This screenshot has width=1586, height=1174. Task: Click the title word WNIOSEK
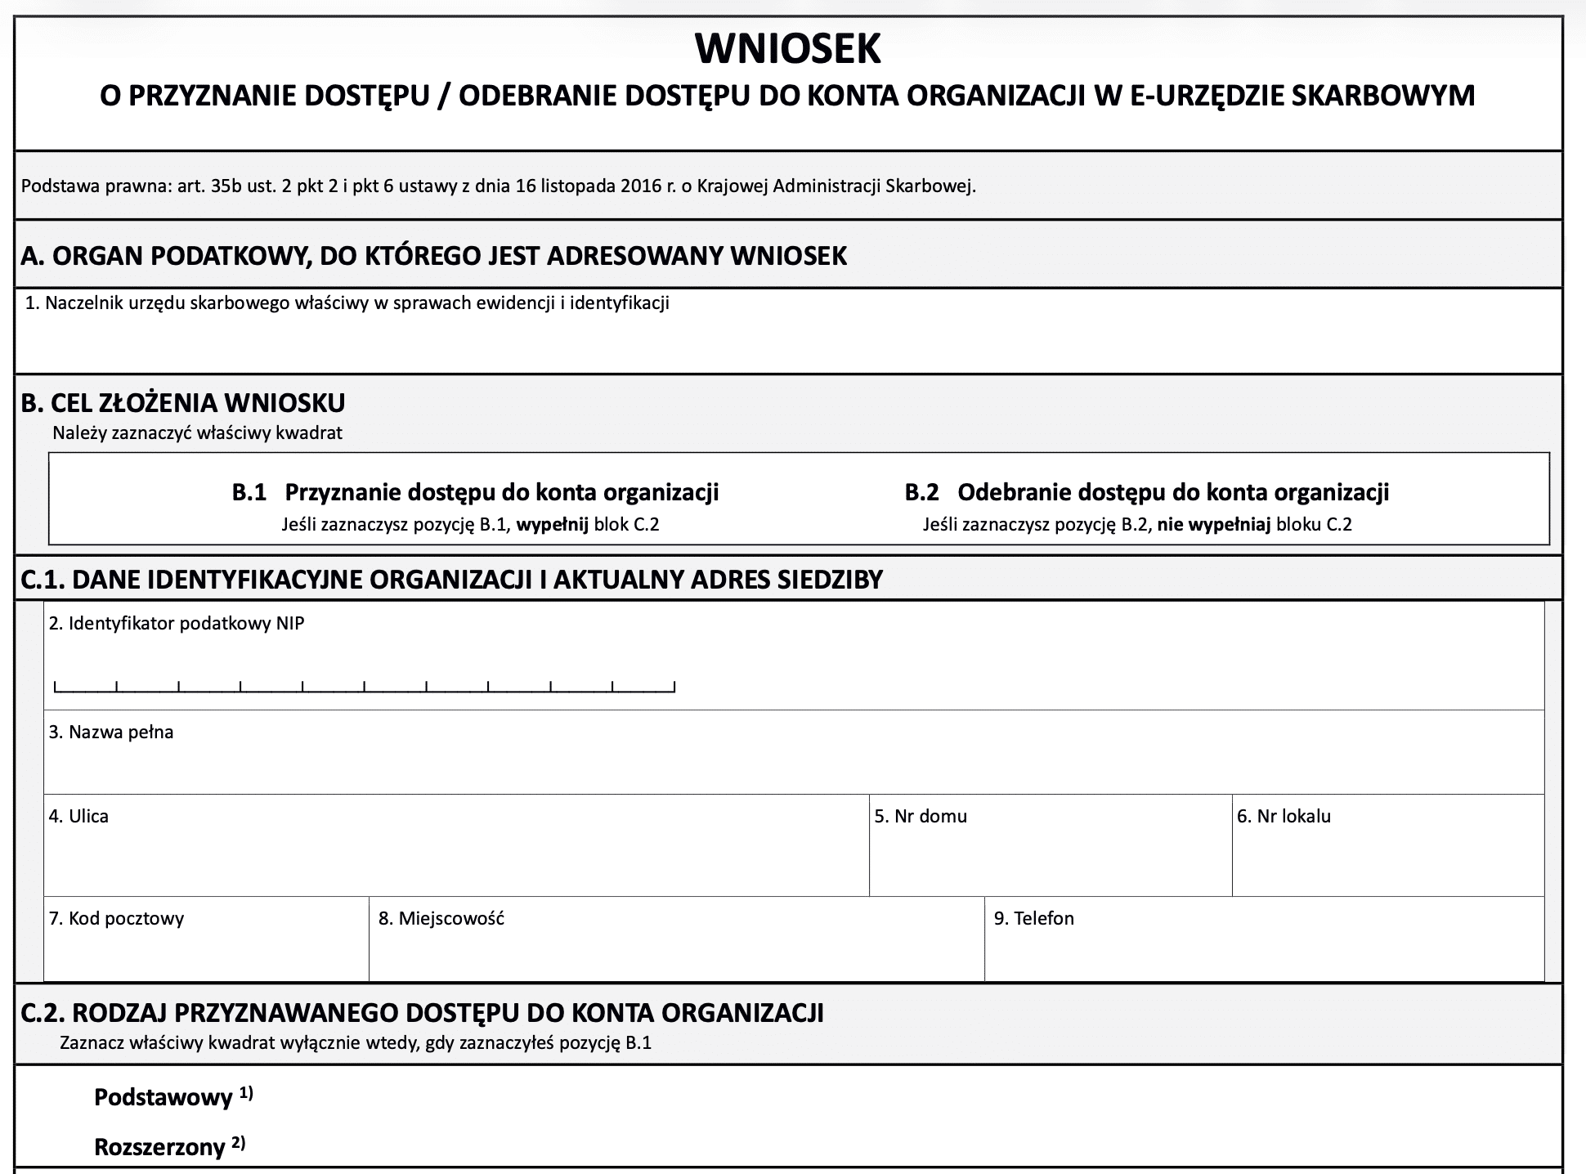(787, 49)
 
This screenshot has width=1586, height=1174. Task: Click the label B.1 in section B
(249, 492)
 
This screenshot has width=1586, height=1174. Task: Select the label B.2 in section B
(921, 492)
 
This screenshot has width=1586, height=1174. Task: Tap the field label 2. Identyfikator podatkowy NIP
(177, 624)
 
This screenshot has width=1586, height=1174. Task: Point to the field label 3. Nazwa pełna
(111, 733)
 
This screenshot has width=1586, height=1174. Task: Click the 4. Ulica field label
(78, 817)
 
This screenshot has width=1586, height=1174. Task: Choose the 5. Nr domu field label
(921, 817)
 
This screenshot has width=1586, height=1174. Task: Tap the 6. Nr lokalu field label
(1284, 817)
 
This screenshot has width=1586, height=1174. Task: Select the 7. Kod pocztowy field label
(116, 919)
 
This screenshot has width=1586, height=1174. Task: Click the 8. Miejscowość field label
(441, 919)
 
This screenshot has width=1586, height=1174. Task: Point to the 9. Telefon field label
(1034, 919)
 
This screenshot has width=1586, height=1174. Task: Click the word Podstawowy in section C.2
(164, 1098)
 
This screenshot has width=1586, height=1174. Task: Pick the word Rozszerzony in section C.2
(159, 1148)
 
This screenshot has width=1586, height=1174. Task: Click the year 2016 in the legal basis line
(641, 186)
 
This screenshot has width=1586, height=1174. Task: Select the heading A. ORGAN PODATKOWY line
(433, 256)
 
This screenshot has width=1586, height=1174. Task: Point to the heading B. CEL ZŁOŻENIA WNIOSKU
(183, 403)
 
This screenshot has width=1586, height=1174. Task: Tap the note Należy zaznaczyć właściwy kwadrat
(197, 433)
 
